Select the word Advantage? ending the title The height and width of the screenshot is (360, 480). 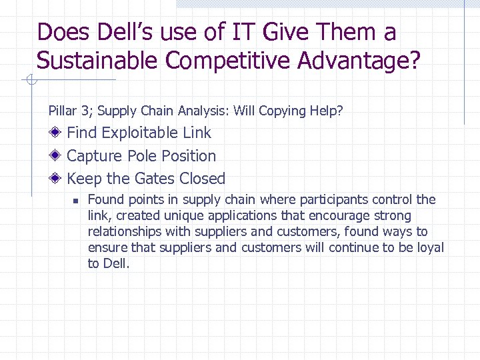click(359, 61)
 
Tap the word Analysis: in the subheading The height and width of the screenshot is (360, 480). click(203, 111)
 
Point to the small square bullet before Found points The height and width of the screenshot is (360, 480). click(76, 200)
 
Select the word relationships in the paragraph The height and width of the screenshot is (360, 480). click(125, 231)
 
